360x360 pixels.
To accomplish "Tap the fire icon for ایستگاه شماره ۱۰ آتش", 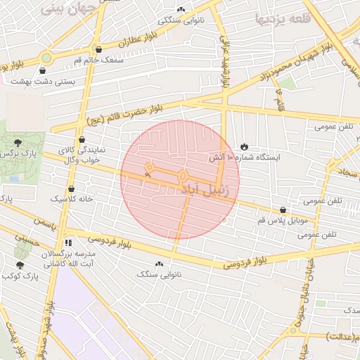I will (x=244, y=146).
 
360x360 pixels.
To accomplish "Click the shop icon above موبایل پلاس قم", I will (x=283, y=210).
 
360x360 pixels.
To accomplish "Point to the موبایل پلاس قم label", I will (x=282, y=220).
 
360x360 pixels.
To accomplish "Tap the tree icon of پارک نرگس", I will (x=27, y=143).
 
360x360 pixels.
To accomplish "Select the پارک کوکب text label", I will (x=19, y=276).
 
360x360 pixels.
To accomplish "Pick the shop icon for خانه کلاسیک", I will (x=72, y=188).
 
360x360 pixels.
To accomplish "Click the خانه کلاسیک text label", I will (x=72, y=200).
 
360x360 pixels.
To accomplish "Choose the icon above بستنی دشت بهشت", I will (x=44, y=70).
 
